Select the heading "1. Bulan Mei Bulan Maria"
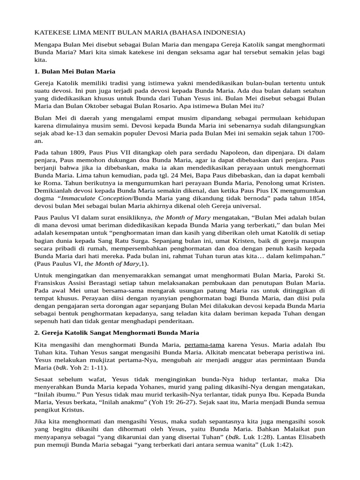click(x=75, y=71)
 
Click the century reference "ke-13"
click(x=76, y=134)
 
